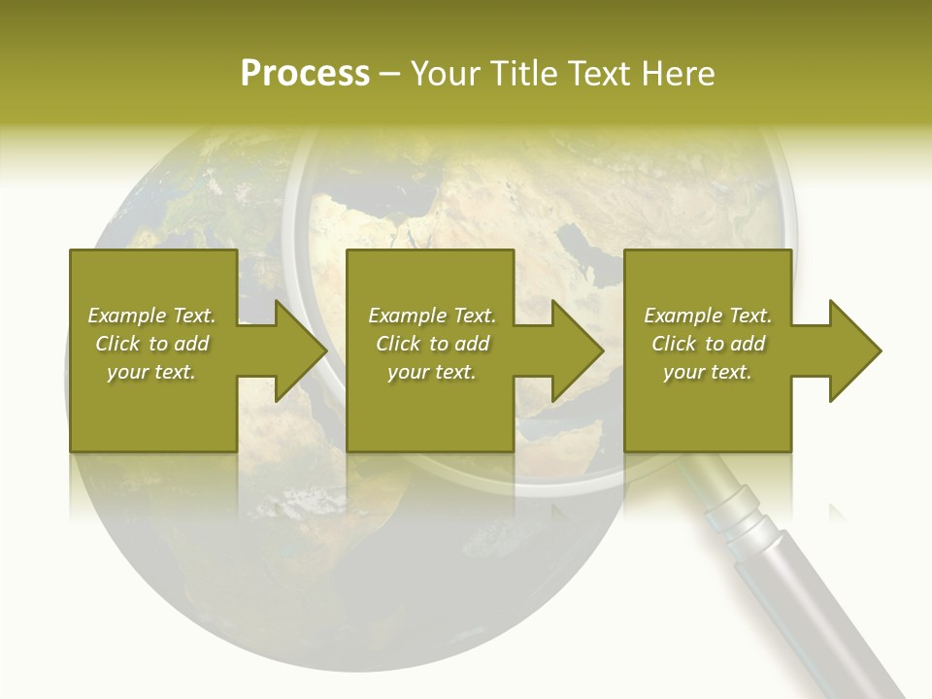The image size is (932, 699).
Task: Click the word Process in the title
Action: coord(305,74)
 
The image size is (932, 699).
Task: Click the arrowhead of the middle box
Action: coord(577,350)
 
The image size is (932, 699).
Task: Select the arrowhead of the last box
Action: coord(854,350)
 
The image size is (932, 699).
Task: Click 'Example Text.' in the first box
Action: coord(151,316)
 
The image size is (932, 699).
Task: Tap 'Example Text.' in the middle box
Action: coord(432,316)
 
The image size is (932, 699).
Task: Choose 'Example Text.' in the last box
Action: coord(708,316)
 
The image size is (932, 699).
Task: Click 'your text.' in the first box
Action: coord(151,372)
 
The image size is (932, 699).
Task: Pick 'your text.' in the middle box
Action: coord(432,372)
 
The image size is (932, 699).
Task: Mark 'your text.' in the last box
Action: coord(708,372)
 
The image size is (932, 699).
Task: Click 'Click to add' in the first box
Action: coord(151,344)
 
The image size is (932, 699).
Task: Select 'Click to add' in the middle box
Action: coord(432,344)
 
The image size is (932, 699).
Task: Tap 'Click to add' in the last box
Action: coord(708,344)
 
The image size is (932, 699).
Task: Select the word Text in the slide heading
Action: coord(601,74)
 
